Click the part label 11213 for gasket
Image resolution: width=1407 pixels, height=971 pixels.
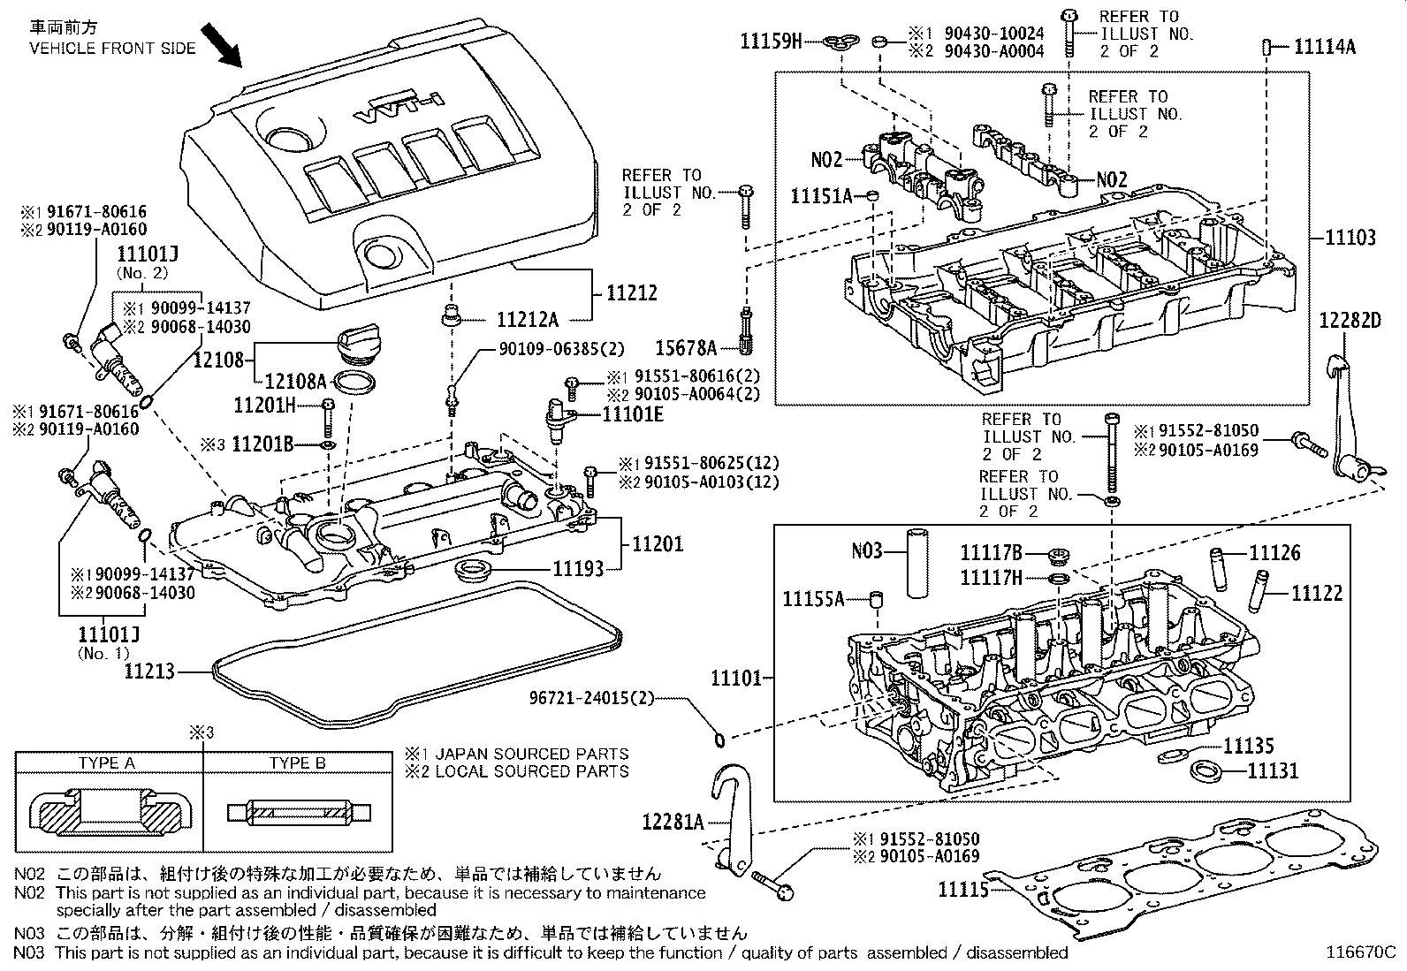click(x=149, y=671)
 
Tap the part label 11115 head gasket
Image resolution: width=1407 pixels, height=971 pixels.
click(x=962, y=890)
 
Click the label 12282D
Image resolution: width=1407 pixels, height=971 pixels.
click(x=1350, y=320)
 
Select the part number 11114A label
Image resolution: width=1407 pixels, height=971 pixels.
click(x=1324, y=47)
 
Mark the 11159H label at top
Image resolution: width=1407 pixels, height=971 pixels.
click(x=771, y=41)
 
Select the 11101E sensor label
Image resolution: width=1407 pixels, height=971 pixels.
click(x=633, y=413)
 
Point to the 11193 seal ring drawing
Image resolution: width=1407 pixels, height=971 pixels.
click(x=475, y=569)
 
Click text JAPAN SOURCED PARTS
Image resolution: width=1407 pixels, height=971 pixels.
click(x=530, y=754)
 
